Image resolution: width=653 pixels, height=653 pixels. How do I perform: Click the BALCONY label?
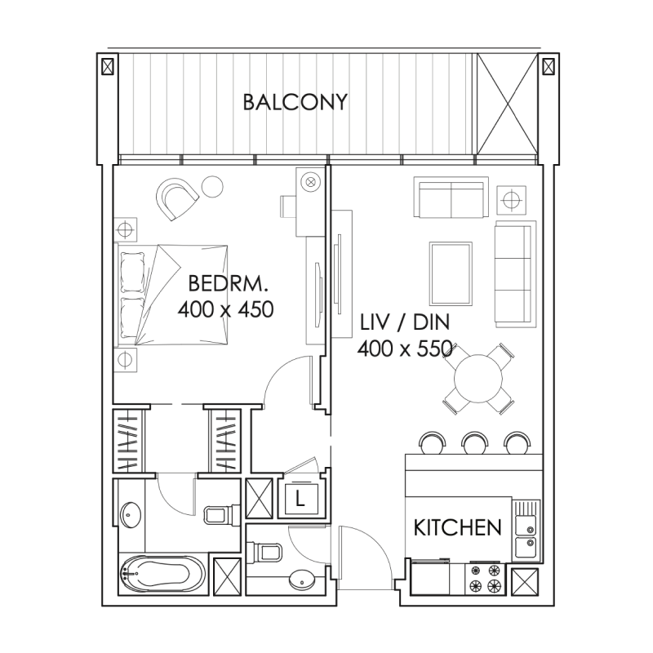(x=295, y=103)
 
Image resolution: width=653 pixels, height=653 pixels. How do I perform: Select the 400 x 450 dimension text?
(x=224, y=310)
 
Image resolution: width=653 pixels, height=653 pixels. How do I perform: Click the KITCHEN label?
(x=457, y=527)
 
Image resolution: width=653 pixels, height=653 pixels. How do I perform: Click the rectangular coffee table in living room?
(x=450, y=272)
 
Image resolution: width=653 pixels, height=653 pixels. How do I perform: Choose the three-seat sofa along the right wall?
(x=513, y=272)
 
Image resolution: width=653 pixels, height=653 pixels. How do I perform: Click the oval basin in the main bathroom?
(x=130, y=516)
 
